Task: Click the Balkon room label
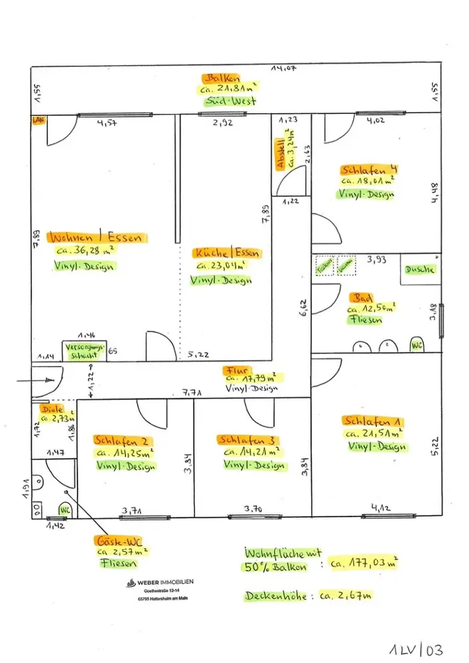(x=229, y=78)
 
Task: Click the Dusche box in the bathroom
(x=421, y=269)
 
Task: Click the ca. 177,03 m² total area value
(x=366, y=563)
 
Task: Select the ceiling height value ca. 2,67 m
(x=345, y=595)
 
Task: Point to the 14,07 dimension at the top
(x=283, y=67)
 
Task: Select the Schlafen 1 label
(x=373, y=420)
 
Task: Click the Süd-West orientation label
(x=230, y=101)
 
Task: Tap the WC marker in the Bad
(x=417, y=345)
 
